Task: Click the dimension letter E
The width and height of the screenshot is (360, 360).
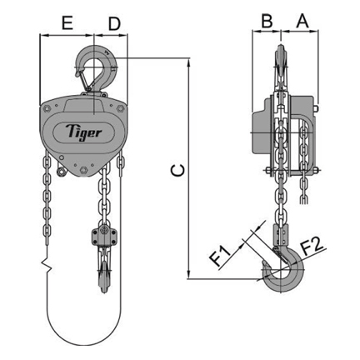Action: [x=67, y=23]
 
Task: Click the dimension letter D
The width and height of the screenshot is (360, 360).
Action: [x=114, y=23]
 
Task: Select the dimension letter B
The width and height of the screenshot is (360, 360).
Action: [x=267, y=21]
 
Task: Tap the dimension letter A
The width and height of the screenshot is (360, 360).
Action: [x=302, y=21]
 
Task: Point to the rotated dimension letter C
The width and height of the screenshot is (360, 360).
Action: [x=177, y=170]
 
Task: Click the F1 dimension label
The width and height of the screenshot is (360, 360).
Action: [x=222, y=256]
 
